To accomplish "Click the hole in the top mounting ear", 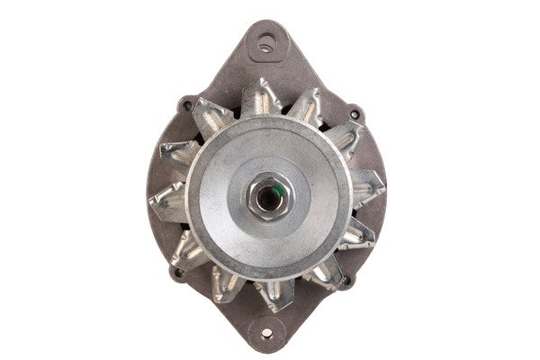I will pos(265,40).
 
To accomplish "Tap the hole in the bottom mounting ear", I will pos(267,328).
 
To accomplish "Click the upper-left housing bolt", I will pos(188,104).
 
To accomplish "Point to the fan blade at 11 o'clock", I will pos(212,115).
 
